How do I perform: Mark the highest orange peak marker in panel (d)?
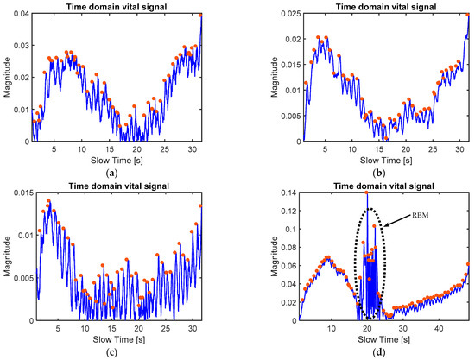[366, 193]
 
